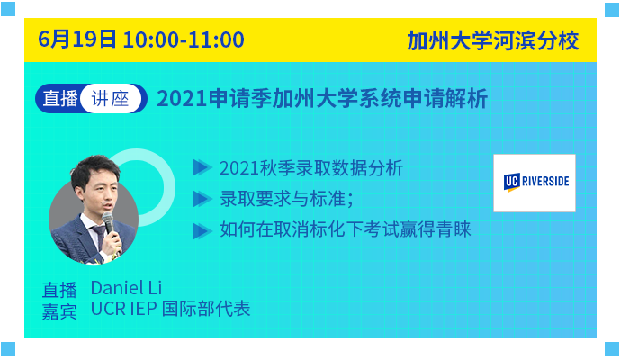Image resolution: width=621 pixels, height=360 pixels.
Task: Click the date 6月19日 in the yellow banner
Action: point(77,40)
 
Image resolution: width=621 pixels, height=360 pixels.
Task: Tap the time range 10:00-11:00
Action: point(184,40)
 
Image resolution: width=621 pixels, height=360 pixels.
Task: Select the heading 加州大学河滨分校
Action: point(493,40)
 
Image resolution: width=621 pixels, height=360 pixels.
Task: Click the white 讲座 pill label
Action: point(111,99)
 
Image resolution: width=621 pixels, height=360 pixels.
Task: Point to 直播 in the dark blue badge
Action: point(60,99)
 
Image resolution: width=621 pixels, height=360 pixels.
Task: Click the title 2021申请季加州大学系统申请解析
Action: point(322,99)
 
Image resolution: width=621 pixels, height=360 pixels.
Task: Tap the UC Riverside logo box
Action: point(535,183)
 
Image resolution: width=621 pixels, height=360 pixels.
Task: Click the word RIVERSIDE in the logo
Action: point(545,182)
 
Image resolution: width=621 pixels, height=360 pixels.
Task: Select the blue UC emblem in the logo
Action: point(512,182)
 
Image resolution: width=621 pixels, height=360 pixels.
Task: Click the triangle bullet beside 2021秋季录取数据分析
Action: point(202,167)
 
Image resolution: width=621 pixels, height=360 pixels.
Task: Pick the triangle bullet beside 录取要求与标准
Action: point(202,199)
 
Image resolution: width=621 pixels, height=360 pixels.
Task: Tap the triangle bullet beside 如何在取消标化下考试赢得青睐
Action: point(202,231)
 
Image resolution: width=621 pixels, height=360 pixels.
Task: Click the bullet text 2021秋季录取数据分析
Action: point(311,168)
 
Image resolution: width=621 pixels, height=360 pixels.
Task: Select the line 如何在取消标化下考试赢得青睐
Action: point(346,229)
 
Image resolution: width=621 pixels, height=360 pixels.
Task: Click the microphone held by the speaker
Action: point(109,225)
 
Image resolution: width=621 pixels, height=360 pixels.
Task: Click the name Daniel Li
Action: point(126,288)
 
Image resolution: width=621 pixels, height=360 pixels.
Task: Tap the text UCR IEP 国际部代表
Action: point(170,309)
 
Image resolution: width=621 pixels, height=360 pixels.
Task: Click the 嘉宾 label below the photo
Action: point(59,311)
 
